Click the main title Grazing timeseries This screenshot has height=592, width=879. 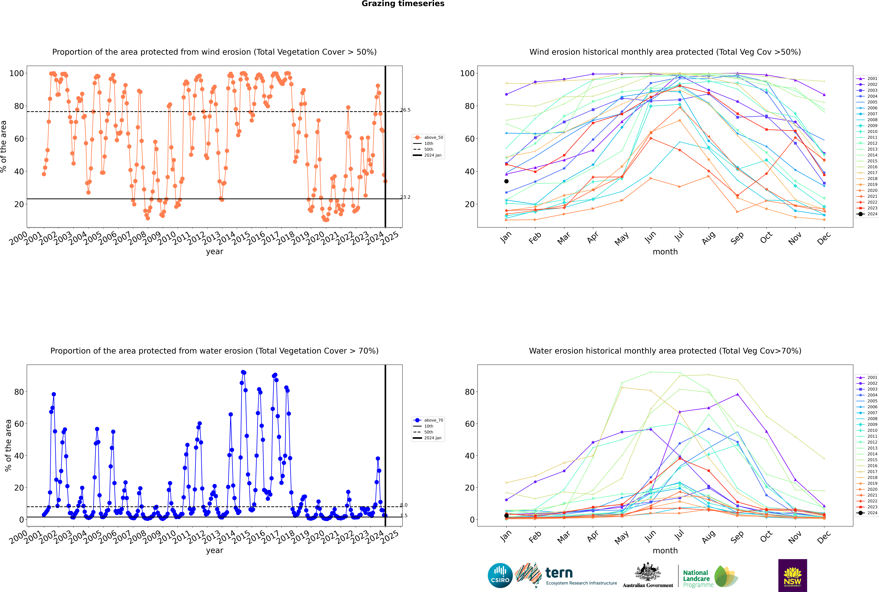pos(403,4)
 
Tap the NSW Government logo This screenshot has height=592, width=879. pos(792,575)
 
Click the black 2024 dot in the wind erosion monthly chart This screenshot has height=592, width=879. pos(506,181)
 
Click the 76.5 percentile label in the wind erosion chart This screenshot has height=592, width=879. pos(405,110)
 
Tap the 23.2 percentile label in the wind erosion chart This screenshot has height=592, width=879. pos(405,197)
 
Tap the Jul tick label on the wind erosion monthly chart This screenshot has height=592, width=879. pos(679,236)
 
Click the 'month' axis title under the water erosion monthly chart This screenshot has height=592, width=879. pos(665,550)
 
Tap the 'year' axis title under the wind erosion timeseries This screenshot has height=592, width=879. pos(215,252)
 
